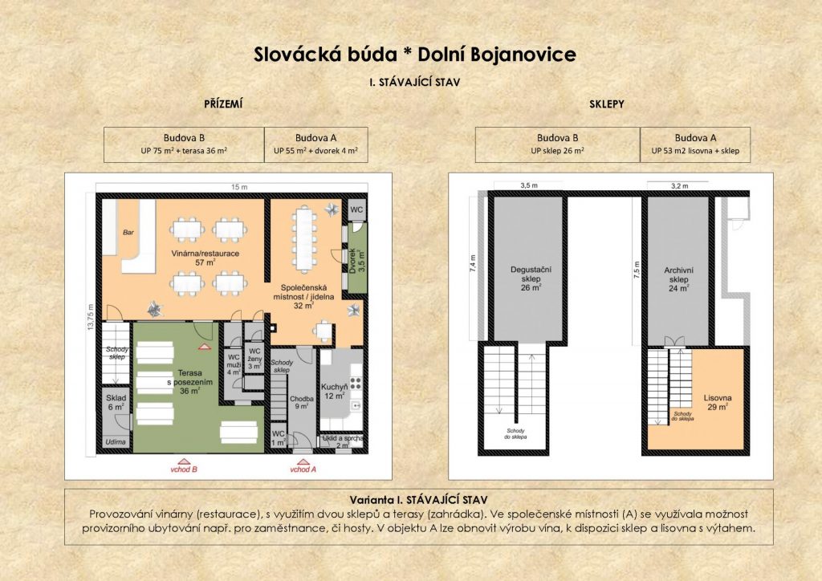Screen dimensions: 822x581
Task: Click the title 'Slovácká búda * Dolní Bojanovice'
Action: pos(415,55)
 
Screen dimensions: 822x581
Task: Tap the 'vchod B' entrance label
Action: pos(184,469)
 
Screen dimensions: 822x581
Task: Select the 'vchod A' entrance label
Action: pos(303,469)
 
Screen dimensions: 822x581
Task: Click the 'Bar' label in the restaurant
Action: pos(128,232)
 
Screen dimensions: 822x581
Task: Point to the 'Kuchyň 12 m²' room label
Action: pos(335,392)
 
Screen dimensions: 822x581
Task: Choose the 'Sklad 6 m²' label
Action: pos(116,402)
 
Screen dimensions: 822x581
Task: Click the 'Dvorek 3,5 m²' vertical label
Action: pos(356,260)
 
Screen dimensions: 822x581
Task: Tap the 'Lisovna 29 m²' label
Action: pos(717,402)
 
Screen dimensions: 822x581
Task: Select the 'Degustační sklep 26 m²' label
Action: pos(531,278)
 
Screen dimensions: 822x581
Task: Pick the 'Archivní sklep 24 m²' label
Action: pos(678,279)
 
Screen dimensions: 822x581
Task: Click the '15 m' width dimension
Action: pos(239,187)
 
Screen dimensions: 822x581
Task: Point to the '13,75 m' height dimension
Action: pos(90,317)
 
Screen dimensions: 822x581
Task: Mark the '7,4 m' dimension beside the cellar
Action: pos(472,264)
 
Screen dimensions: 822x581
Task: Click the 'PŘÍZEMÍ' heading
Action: pos(223,104)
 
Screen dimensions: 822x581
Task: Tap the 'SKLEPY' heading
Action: pos(607,104)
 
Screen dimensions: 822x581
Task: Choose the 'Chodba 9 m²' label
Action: pos(302,402)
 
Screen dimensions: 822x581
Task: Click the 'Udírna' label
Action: pos(116,441)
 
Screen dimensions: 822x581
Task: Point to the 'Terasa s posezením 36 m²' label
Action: pos(189,382)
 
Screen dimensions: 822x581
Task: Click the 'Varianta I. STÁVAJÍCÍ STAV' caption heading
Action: pos(418,500)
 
